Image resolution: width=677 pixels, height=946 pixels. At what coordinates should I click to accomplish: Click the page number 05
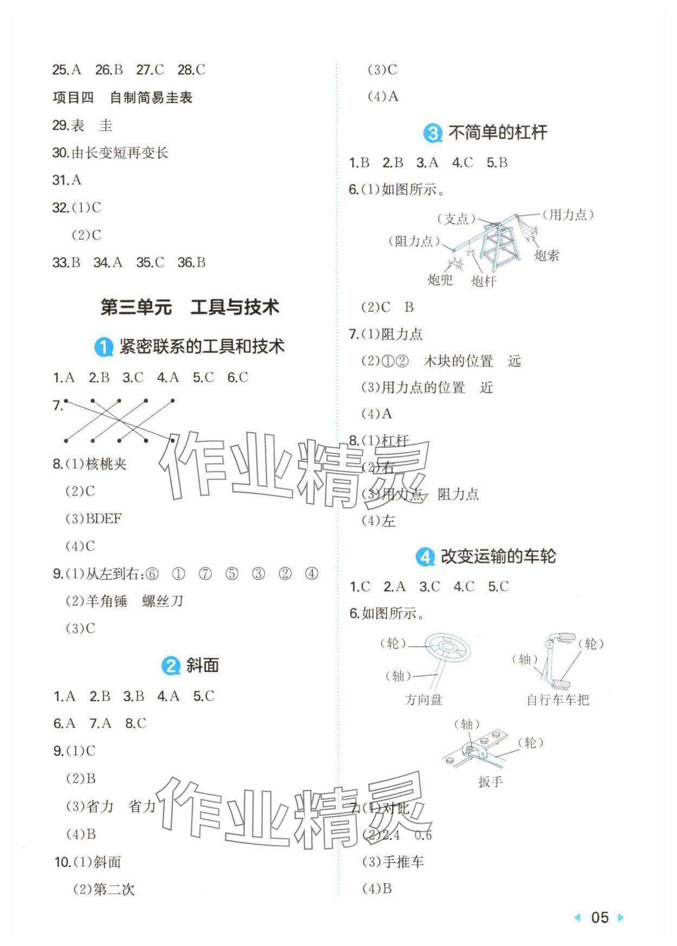click(600, 917)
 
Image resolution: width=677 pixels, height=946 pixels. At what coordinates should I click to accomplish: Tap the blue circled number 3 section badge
click(433, 133)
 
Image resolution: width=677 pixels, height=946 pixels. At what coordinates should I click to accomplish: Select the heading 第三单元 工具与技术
click(190, 307)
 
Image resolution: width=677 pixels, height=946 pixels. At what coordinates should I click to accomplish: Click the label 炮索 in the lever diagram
click(546, 255)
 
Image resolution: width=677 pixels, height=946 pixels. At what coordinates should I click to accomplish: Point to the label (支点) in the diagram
click(456, 218)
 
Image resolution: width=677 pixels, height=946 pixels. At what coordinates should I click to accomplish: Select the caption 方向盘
click(424, 700)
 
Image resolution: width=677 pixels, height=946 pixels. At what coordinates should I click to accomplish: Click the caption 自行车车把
click(558, 700)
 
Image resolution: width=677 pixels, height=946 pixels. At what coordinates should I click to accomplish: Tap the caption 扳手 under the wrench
click(490, 781)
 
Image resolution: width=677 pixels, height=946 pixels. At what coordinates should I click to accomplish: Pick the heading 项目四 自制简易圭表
click(122, 97)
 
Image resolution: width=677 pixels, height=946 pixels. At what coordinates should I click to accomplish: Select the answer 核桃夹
click(106, 464)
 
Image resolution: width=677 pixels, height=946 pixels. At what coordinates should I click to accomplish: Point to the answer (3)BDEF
click(93, 518)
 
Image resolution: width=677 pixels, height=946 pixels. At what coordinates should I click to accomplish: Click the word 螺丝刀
click(162, 601)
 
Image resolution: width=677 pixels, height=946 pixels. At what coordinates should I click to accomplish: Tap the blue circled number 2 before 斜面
click(171, 666)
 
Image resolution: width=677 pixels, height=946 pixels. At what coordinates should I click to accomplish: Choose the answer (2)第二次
click(103, 889)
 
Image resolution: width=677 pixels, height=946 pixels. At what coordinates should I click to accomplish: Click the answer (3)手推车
click(393, 862)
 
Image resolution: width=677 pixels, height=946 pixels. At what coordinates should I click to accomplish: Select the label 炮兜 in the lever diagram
click(440, 279)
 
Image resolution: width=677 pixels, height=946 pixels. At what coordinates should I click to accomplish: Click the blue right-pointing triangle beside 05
click(621, 917)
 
